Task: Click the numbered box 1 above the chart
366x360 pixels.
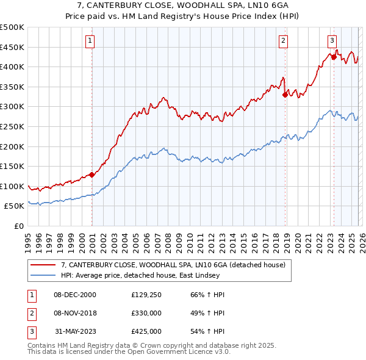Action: (x=90, y=41)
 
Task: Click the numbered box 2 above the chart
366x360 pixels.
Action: (x=284, y=41)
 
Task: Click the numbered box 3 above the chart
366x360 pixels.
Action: (x=332, y=41)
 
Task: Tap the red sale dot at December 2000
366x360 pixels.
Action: (x=91, y=175)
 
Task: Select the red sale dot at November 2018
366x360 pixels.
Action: (x=285, y=94)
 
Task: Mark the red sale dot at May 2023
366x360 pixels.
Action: (x=334, y=57)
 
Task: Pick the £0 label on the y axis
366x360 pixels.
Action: (x=18, y=226)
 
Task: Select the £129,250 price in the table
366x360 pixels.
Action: (x=146, y=295)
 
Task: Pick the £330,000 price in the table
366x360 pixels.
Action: (x=146, y=313)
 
